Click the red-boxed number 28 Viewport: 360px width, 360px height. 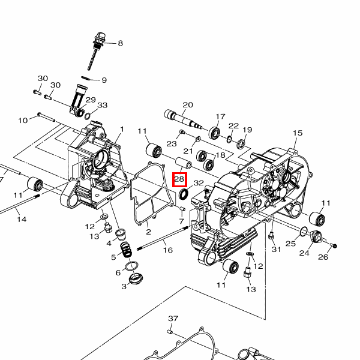(x=180, y=179)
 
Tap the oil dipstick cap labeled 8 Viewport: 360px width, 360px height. (x=100, y=39)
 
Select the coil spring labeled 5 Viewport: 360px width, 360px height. (x=126, y=250)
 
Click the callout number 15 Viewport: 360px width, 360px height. (x=298, y=133)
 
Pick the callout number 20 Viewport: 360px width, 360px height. (x=188, y=104)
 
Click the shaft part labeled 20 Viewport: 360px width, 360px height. (x=183, y=119)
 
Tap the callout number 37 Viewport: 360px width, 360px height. (x=173, y=319)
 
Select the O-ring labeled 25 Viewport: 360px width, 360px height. (x=304, y=231)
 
